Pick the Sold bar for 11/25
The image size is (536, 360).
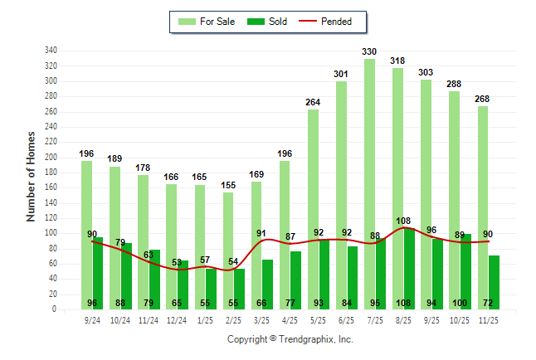(494, 282)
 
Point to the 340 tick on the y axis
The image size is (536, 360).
(51, 51)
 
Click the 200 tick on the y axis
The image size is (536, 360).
(51, 158)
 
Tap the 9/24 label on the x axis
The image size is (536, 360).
(92, 319)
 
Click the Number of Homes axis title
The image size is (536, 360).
(32, 176)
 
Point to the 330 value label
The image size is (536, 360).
(369, 52)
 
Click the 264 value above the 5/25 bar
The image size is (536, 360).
(313, 103)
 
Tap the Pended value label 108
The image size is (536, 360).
(403, 221)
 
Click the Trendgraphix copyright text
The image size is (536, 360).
(290, 339)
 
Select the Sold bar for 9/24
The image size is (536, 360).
(98, 273)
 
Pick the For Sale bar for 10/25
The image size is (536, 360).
(454, 200)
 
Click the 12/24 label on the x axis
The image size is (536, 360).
(177, 319)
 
